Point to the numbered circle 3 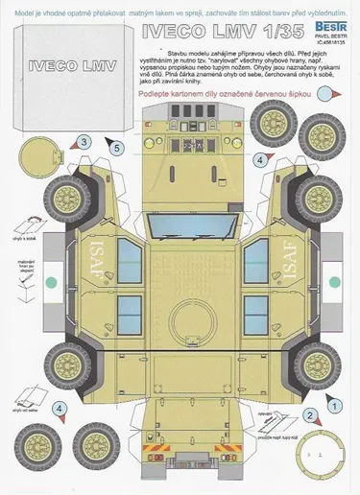point(84,141)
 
